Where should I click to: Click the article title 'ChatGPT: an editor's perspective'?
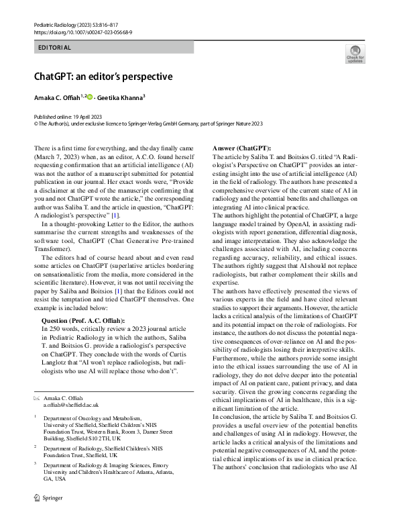pyautogui.click(x=104, y=77)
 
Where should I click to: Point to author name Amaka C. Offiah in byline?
pyautogui.click(x=56, y=98)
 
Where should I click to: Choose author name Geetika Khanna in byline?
pyautogui.click(x=121, y=98)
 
